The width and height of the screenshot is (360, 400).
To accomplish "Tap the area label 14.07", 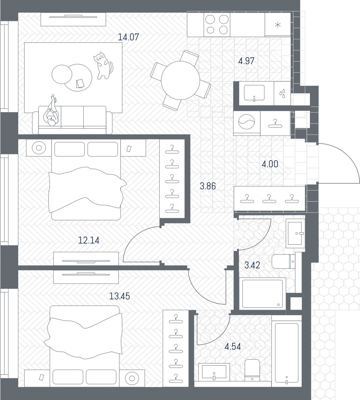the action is click(129, 37).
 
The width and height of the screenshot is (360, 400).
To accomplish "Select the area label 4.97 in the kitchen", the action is click(247, 61).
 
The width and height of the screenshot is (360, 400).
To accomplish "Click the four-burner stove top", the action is click(217, 25).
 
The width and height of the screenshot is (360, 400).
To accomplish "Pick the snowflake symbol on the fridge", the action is click(277, 25).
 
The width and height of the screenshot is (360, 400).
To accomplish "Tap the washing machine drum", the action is click(247, 122).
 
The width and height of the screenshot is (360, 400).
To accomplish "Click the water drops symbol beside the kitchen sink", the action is click(282, 93).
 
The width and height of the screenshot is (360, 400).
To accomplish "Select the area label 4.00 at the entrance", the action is click(270, 164).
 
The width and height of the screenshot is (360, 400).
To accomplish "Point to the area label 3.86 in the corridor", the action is click(208, 186).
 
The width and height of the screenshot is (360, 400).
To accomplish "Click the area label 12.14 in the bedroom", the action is click(89, 240).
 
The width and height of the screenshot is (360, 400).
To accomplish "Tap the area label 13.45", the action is click(119, 296).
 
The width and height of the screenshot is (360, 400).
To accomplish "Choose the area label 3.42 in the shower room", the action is click(252, 265).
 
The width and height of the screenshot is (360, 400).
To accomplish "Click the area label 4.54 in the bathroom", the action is click(233, 347).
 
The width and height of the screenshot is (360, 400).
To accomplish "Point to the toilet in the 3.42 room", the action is click(283, 261).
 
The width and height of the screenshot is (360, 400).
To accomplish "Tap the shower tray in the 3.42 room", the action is click(263, 294).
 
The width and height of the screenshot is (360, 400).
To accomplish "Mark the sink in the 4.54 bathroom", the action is click(214, 372).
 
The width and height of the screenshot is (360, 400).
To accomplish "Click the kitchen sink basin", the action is click(254, 93).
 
